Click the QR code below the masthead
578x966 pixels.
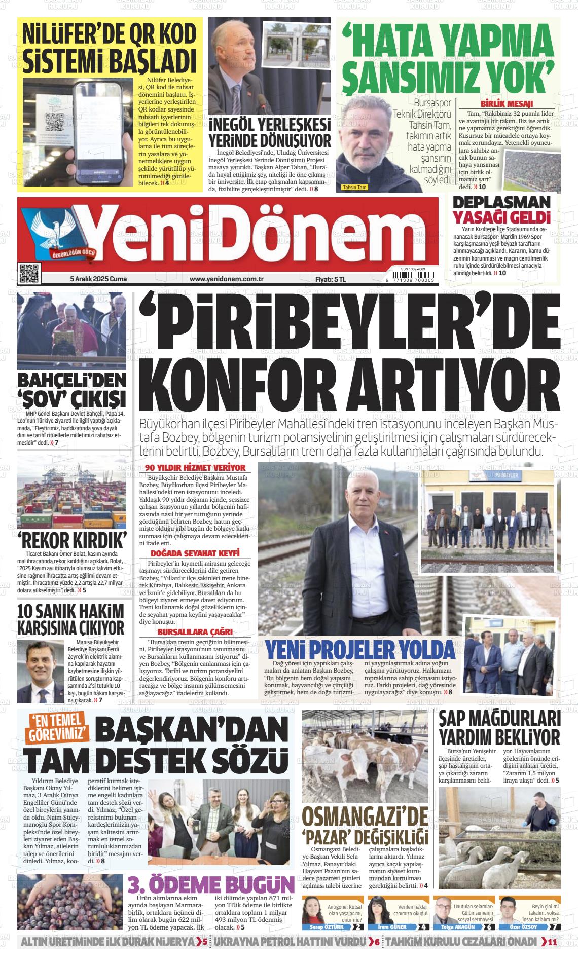[29, 274]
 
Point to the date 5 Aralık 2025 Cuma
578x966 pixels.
[98, 279]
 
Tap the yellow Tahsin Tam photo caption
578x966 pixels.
[354, 187]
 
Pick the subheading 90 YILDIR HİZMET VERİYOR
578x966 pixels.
[195, 468]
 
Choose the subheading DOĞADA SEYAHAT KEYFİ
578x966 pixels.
[195, 553]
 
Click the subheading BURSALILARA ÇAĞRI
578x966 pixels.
[195, 632]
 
